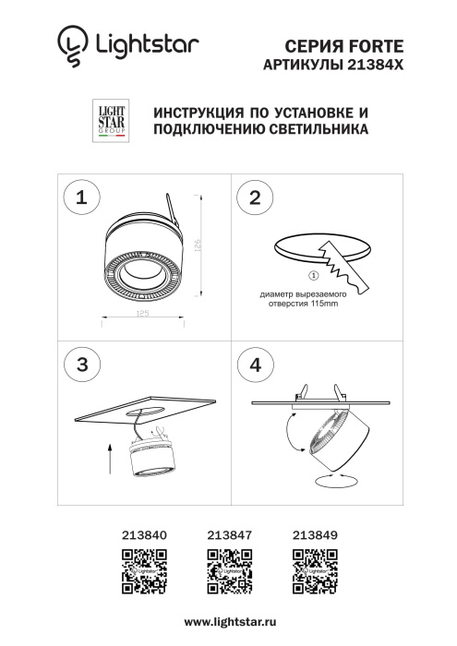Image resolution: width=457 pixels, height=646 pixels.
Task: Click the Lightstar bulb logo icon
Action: (70, 48)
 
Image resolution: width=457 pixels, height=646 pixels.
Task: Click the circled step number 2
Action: (256, 197)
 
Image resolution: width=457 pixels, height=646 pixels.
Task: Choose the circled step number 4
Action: (256, 364)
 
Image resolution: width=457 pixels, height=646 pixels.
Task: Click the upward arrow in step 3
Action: (109, 457)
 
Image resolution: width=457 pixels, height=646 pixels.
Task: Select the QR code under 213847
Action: (228, 569)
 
